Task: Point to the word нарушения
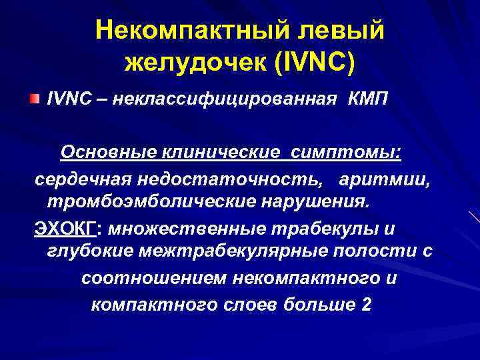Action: (310, 201)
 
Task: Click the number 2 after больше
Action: (365, 305)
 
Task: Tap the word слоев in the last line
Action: (247, 305)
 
